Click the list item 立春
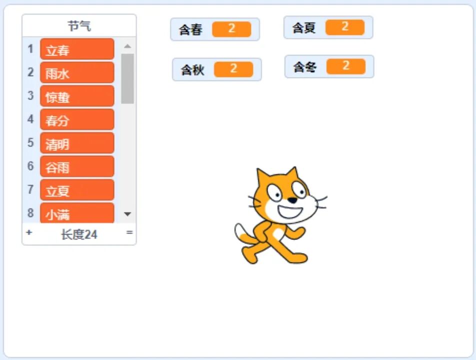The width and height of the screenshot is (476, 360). click(77, 49)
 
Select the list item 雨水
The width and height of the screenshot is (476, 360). click(77, 73)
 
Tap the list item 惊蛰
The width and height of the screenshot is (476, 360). click(77, 96)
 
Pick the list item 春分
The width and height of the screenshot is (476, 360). click(77, 120)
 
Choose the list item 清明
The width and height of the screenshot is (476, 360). click(77, 143)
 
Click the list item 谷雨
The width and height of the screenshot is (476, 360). click(77, 167)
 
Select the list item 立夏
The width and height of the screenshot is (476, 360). click(77, 190)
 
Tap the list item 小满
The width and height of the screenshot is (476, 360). click(77, 213)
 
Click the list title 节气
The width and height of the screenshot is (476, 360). click(79, 26)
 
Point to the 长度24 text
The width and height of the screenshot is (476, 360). click(79, 234)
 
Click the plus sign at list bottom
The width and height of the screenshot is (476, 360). click(28, 232)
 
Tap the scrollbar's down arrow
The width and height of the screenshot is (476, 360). click(127, 214)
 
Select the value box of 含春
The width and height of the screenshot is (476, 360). click(231, 29)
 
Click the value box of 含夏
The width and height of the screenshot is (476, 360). click(344, 27)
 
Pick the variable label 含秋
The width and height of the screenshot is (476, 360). click(192, 69)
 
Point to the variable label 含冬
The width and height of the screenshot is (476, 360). click(304, 66)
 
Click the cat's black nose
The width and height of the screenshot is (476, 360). click(293, 200)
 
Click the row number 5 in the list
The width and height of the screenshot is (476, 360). click(30, 143)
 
